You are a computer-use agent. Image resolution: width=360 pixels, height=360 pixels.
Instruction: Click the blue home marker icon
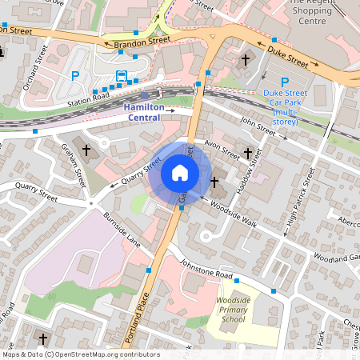[180, 172]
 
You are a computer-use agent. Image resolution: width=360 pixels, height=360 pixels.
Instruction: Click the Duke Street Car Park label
[286, 103]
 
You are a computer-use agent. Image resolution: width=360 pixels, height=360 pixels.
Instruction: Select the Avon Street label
[222, 146]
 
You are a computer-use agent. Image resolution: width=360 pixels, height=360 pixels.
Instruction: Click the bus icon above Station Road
[122, 75]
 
